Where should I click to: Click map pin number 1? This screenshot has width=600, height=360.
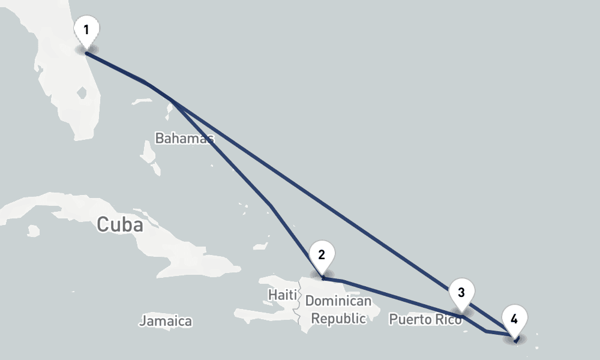[87, 30]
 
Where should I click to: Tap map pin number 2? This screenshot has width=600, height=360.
[322, 255]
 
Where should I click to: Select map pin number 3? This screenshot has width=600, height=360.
[461, 293]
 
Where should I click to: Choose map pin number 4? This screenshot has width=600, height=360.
[514, 319]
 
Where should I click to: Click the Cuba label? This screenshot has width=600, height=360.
[120, 225]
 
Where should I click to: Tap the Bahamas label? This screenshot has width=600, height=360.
[184, 139]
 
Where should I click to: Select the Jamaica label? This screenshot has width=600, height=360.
[166, 322]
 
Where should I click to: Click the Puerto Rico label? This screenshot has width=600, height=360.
[425, 319]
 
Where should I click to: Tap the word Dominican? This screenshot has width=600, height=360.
[338, 301]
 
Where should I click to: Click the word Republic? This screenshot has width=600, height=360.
[338, 319]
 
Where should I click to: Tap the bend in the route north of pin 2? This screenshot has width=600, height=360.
[271, 206]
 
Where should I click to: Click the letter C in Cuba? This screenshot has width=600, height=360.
[103, 225]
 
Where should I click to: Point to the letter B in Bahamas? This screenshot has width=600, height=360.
[160, 139]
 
